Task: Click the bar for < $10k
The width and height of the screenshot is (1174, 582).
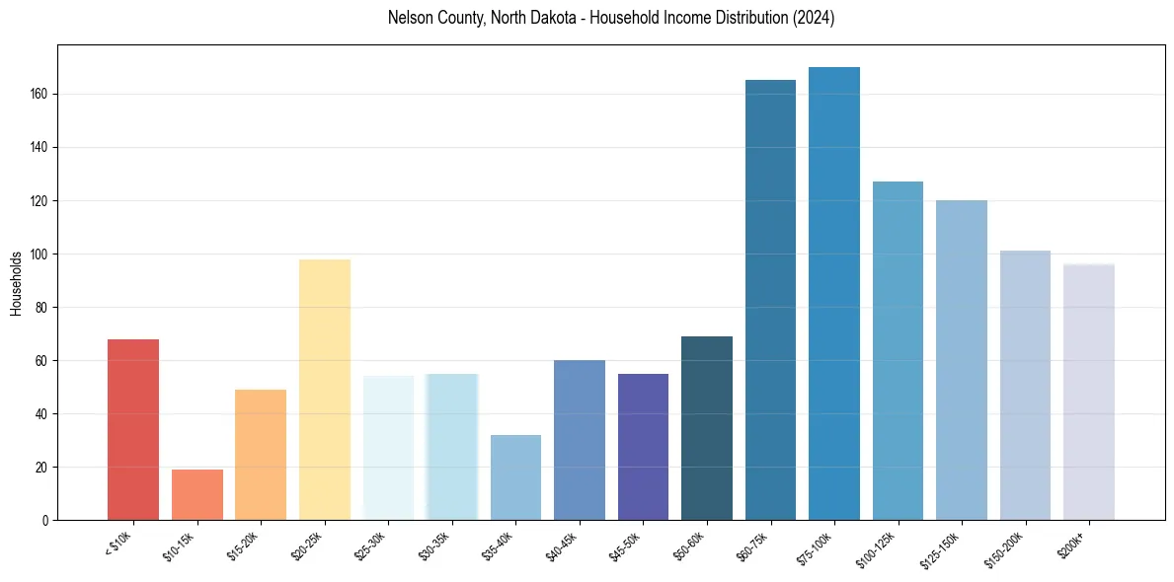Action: tap(133, 429)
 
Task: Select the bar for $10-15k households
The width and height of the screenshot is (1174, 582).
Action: tap(196, 494)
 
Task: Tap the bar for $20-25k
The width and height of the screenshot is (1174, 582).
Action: tap(324, 390)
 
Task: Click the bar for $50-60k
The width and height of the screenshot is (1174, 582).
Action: tap(707, 428)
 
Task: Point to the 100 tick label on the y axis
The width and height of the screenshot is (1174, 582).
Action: tap(40, 255)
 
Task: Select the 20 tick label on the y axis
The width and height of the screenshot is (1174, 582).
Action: tap(43, 468)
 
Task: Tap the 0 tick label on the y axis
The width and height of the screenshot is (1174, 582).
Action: tap(46, 521)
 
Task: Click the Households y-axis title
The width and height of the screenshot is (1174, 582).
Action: tap(16, 283)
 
